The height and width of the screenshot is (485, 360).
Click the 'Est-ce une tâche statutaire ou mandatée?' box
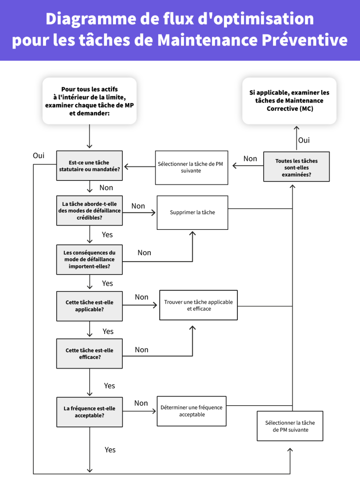click(89, 165)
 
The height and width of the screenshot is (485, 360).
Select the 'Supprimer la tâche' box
click(192, 213)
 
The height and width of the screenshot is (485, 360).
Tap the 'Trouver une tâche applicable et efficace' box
click(198, 305)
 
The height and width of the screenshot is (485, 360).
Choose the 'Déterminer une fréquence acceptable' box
click(191, 411)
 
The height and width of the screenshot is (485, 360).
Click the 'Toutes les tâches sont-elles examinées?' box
click(296, 167)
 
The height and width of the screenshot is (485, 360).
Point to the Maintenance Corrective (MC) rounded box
click(289, 101)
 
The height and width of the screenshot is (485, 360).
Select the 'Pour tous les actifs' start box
click(89, 101)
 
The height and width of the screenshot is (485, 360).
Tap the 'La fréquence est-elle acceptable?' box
click(89, 412)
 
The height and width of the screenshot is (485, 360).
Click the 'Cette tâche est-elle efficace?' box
click(89, 354)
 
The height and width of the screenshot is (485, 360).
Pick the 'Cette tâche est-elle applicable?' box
click(89, 306)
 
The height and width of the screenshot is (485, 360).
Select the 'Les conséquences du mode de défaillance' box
click(89, 260)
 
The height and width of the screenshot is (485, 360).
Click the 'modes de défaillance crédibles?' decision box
click(89, 211)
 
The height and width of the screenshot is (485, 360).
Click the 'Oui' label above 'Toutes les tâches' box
click(304, 140)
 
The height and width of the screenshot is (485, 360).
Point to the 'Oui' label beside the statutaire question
click(39, 156)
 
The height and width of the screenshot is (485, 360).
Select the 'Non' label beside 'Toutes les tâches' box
click(250, 158)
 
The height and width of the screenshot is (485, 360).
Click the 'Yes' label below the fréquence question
click(110, 450)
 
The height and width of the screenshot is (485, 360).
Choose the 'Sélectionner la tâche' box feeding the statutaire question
click(191, 167)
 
